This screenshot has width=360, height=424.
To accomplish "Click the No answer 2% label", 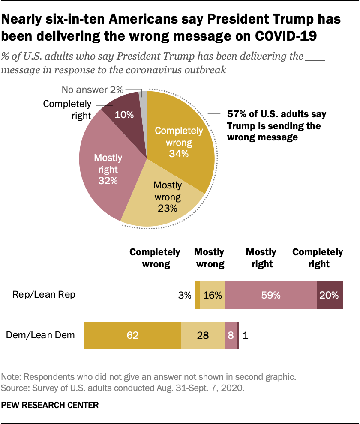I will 93,90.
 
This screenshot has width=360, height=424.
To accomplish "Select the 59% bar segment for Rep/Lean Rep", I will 271,295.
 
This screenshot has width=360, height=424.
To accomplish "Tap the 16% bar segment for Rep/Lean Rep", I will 212,295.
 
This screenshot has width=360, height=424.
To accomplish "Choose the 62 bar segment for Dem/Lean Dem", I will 132,335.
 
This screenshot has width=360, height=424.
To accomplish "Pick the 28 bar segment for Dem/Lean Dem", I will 203,335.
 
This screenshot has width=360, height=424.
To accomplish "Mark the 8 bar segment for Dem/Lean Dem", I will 231,335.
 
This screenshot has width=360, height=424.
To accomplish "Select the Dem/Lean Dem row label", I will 41,335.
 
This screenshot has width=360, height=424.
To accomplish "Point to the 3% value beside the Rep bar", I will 185,295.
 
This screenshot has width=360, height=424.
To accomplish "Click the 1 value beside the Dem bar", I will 245,335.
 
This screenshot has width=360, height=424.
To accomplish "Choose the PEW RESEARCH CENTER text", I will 50,404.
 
